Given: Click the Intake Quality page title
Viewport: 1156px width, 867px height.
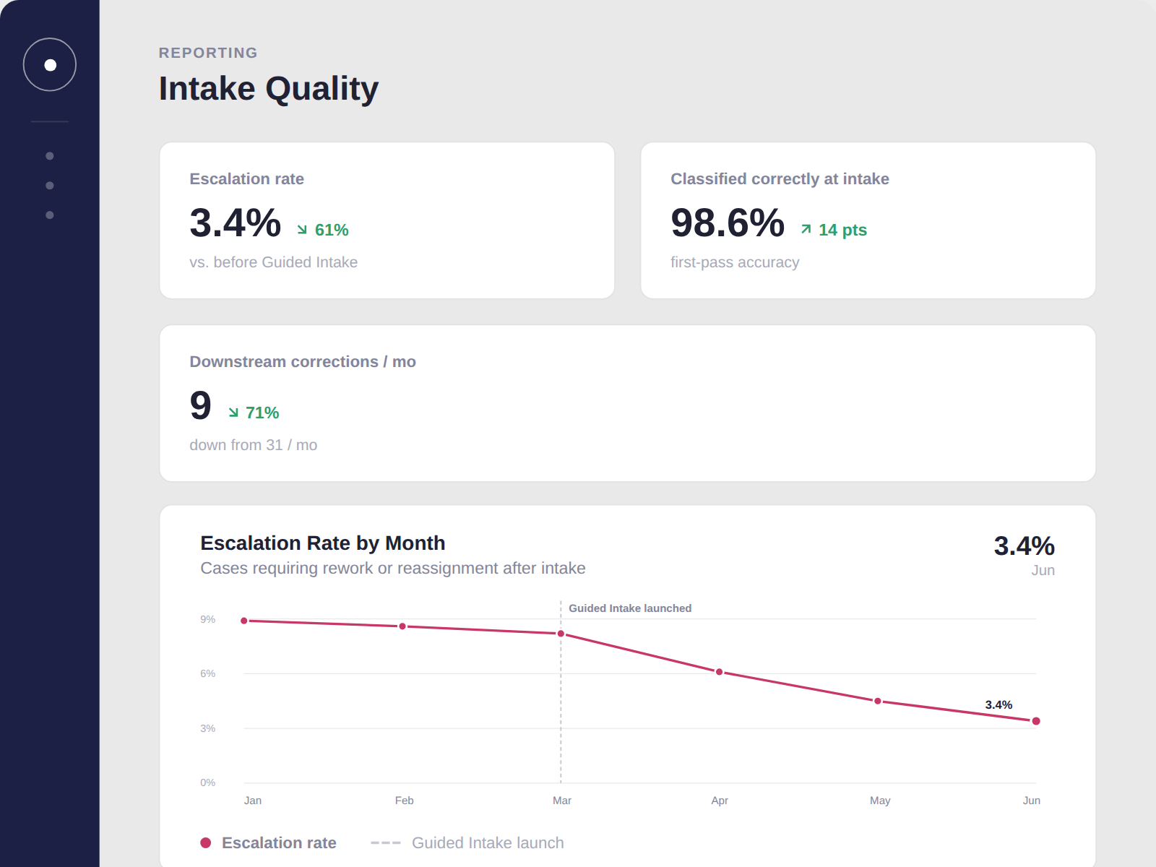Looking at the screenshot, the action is tap(268, 88).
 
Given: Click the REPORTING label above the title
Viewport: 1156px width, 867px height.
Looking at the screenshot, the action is tap(208, 53).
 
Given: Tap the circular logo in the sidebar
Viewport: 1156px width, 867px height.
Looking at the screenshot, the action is tap(50, 65).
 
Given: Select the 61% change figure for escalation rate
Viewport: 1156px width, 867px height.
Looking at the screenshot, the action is tap(322, 230).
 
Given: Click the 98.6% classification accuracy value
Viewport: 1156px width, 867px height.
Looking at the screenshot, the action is tap(728, 223).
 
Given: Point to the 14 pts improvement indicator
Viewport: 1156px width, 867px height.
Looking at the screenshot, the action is tap(833, 230).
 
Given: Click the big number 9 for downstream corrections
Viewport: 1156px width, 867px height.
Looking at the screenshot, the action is tap(200, 405).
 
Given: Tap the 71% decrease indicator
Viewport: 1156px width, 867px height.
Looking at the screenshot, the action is tap(254, 413).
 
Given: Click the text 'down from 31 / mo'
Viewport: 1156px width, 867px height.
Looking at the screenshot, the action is tap(254, 445).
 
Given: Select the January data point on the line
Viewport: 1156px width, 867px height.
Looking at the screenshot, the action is tap(243, 621).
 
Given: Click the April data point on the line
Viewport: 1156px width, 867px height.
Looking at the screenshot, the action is tap(720, 672).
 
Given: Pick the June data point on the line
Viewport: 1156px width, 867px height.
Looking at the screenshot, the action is tap(1036, 721).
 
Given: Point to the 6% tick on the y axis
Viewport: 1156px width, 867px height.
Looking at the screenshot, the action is tap(207, 674).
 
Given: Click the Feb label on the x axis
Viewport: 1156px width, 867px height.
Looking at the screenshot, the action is tap(404, 801).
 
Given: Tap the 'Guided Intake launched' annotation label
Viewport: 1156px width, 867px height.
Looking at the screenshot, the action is tap(630, 608).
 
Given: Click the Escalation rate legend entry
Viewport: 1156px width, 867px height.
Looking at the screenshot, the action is tap(268, 842).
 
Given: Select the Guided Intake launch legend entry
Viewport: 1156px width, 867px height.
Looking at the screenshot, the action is tap(467, 842).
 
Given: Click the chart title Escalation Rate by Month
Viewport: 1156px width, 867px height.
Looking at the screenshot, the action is tap(322, 543).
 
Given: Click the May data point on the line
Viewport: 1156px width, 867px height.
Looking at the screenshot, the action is tap(877, 701).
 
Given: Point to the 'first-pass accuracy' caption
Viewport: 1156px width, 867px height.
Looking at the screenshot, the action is tap(735, 262).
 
